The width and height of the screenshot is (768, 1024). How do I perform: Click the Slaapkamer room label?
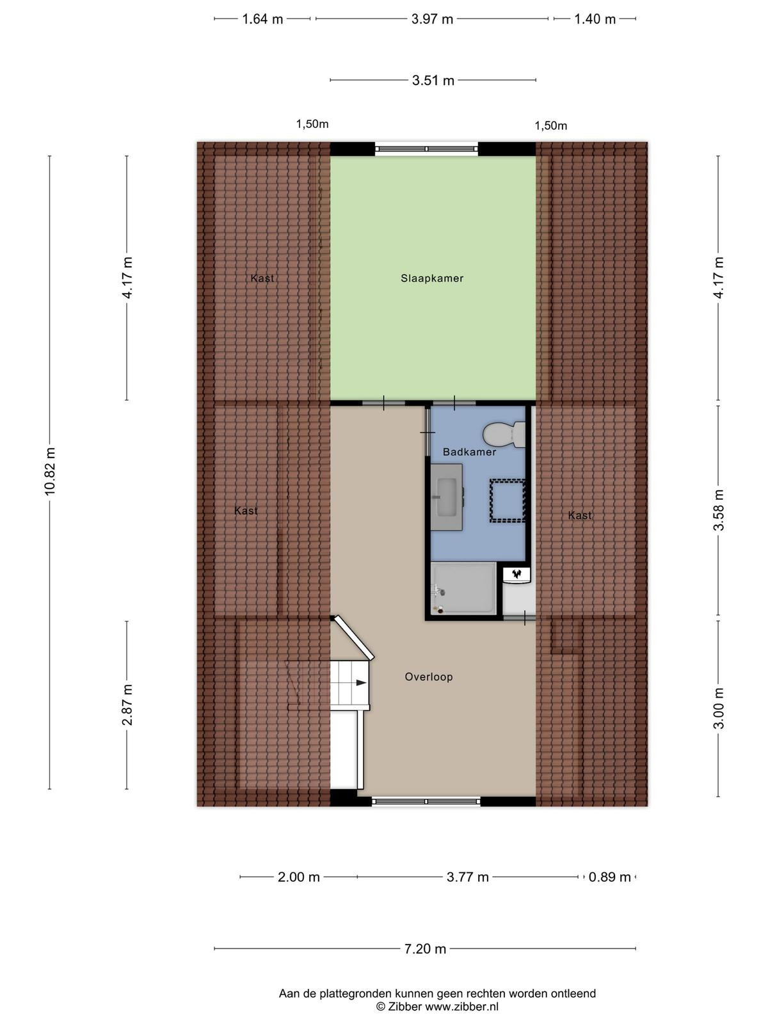432,278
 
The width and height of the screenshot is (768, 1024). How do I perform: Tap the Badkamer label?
469,452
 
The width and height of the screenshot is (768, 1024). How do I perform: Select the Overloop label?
429,676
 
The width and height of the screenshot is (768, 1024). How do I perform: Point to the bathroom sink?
446,497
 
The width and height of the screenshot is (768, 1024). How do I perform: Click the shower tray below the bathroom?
463,588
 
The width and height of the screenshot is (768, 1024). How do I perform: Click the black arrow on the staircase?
361,682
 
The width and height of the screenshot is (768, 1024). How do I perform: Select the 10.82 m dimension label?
51,471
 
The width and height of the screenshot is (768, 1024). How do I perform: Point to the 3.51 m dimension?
433,80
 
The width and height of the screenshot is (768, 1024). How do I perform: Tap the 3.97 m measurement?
432,19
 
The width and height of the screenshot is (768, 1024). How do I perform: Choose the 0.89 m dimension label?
609,877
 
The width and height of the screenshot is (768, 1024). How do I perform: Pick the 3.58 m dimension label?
719,510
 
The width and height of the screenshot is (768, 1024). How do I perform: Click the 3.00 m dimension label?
719,708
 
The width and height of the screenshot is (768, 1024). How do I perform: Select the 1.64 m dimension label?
262,19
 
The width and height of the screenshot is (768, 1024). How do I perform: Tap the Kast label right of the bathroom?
580,515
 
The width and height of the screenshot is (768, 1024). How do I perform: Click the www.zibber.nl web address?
461,1007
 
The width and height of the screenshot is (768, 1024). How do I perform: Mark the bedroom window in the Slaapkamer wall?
426,149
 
